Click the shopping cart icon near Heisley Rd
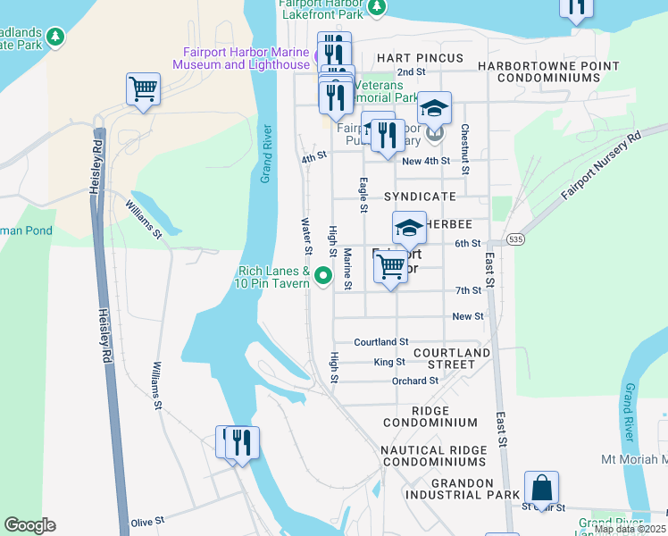pos(143,89)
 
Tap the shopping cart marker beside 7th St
pos(390,265)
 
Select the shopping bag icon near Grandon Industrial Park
pos(541,489)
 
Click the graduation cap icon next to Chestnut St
pos(434,108)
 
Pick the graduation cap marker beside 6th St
pos(409,228)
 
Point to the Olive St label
pos(147,520)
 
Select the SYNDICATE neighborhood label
pos(420,196)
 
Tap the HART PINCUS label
pos(420,58)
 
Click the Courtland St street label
pos(380,342)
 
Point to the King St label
pos(389,362)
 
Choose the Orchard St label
pos(415,381)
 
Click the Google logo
pos(29,525)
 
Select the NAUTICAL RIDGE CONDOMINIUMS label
pos(432,456)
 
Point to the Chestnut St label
pos(465,148)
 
